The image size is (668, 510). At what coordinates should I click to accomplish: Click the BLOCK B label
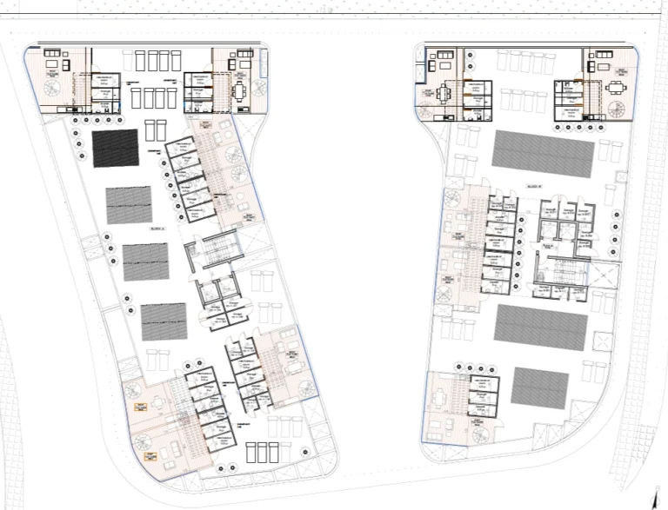click(x=532, y=184)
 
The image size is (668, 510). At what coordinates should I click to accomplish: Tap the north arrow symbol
click(x=653, y=496)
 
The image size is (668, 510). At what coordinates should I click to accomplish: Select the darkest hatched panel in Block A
click(x=115, y=149)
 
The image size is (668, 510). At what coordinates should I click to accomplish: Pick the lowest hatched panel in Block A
click(x=164, y=321)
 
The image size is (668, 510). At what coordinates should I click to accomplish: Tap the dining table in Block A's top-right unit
click(x=240, y=89)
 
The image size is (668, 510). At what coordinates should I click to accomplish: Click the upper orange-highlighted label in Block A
click(x=138, y=406)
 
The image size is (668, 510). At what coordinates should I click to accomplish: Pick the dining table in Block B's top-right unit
click(x=615, y=87)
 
